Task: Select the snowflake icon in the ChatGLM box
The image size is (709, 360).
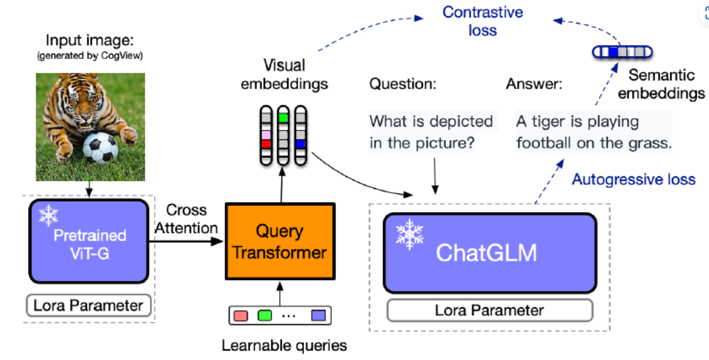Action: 409,234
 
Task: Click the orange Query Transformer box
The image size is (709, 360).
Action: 279,241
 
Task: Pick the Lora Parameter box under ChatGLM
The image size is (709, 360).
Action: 489,310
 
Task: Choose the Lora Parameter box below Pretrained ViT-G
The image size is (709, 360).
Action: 88,306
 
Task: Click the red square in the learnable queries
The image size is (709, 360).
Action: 240,315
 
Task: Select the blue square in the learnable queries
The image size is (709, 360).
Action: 319,315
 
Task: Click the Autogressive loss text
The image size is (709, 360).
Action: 633,180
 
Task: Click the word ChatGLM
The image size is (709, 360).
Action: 486,253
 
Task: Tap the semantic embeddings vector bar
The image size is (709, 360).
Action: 622,53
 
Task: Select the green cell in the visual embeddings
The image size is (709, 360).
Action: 283,118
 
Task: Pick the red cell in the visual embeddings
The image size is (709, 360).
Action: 266,144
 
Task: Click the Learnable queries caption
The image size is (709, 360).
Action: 284,345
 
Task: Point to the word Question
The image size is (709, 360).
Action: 402,85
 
